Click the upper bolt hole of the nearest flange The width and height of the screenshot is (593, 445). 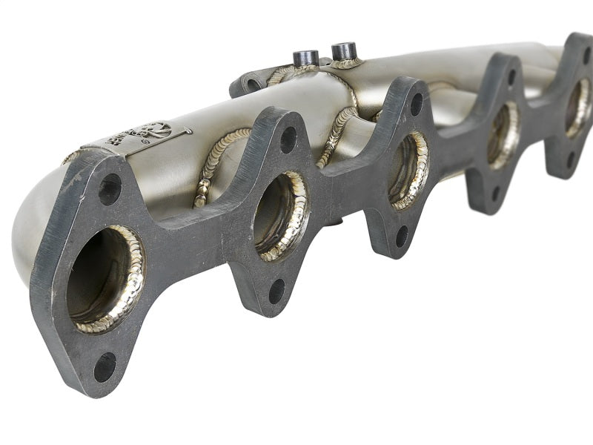pyautogui.click(x=110, y=189)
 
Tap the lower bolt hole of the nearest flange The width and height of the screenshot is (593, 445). pyautogui.click(x=105, y=366)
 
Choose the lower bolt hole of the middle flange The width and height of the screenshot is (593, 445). pyautogui.click(x=402, y=235)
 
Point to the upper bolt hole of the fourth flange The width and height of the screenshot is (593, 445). pyautogui.click(x=511, y=76)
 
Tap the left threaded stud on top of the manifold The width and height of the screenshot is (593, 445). pyautogui.click(x=305, y=58)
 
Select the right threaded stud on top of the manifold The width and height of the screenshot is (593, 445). pyautogui.click(x=344, y=51)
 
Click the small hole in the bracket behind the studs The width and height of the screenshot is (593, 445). pyautogui.click(x=252, y=85)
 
